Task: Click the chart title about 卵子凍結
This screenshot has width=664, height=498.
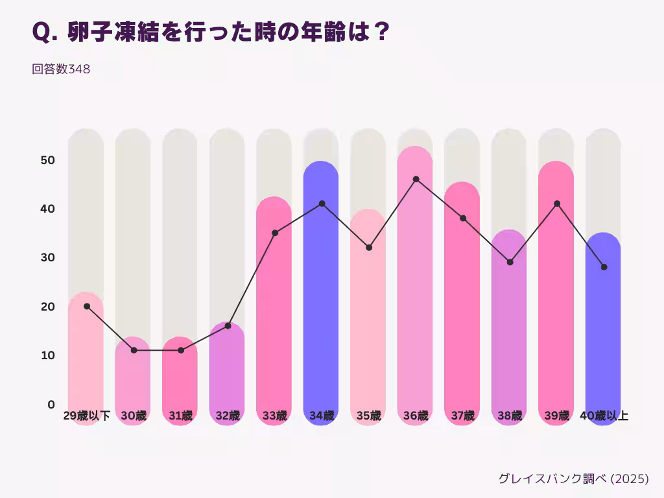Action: coord(210,32)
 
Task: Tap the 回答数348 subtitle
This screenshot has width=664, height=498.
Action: coord(61,69)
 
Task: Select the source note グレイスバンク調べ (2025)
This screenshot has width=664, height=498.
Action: coord(573,479)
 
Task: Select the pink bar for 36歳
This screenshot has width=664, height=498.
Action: coord(415,292)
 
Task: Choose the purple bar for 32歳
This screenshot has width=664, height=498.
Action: coord(227,370)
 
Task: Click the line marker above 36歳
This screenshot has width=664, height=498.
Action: coord(416,179)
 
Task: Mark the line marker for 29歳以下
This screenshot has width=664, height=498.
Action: coord(87,306)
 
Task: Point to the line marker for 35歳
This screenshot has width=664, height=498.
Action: coord(369,248)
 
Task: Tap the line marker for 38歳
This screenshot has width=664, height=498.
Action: coord(510,262)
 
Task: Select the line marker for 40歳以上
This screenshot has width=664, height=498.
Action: coord(604,267)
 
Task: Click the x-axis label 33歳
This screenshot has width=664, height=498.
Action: coord(274,416)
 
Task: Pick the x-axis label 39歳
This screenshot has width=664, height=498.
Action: coord(556,416)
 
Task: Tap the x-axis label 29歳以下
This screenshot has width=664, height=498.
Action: coord(87,416)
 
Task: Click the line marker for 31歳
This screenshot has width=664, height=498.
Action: coord(180,350)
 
